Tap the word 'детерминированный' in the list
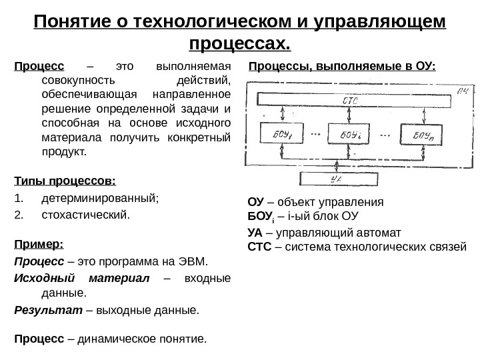[x=99, y=198]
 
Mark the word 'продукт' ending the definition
[x=63, y=152]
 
